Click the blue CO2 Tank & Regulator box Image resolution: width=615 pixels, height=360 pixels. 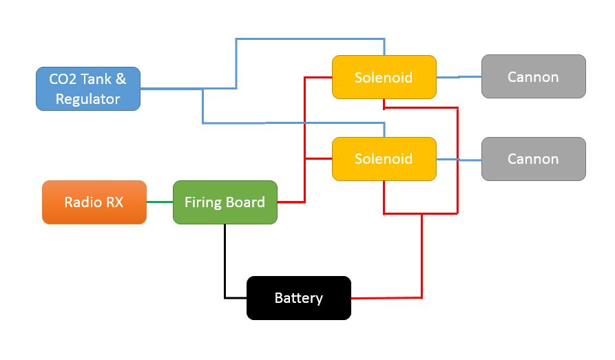click(x=88, y=89)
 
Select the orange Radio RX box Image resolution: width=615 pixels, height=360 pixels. click(x=94, y=202)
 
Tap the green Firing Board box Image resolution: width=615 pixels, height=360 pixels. click(x=225, y=202)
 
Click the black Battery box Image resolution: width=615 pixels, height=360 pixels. click(x=298, y=298)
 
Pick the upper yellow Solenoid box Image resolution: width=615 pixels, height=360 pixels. click(x=384, y=77)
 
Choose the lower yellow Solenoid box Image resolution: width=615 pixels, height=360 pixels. click(x=384, y=159)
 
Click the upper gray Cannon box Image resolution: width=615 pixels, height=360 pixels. click(x=533, y=76)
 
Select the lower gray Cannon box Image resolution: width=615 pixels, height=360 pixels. click(x=533, y=159)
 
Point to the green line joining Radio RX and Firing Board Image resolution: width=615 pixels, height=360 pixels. click(x=159, y=202)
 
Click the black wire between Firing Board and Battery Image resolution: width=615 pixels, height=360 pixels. click(x=225, y=262)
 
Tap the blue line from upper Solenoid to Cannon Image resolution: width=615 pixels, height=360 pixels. click(x=459, y=77)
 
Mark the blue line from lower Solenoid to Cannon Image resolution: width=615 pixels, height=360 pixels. click(x=459, y=160)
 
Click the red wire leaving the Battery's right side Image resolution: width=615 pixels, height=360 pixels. click(x=386, y=298)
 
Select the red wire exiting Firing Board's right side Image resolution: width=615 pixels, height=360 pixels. click(x=291, y=202)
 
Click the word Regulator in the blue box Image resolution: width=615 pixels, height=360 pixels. click(x=88, y=99)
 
